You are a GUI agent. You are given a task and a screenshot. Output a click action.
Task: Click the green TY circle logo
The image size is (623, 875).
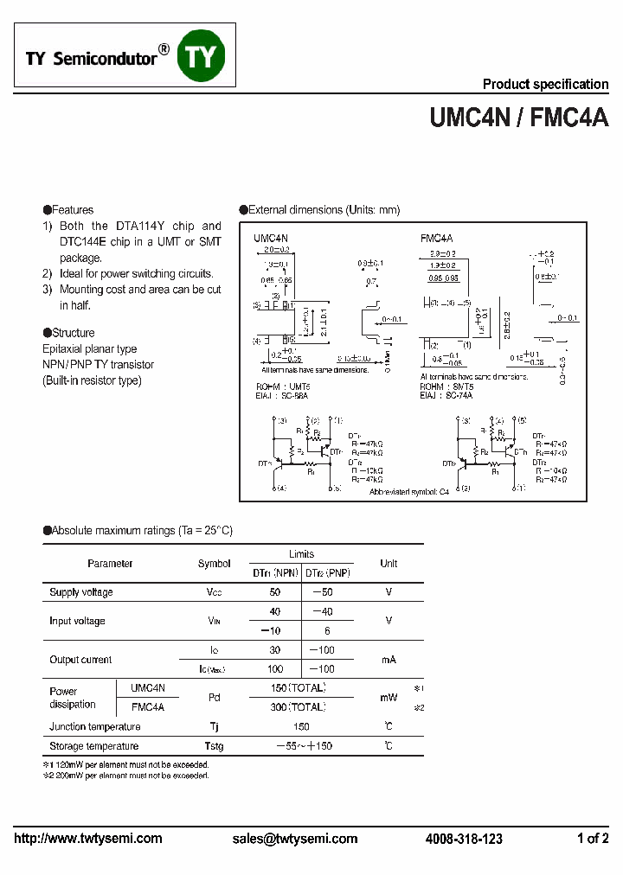201,57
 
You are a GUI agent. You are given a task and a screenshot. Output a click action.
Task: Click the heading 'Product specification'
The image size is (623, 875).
545,84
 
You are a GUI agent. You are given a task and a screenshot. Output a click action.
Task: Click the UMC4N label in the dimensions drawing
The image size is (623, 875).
271,237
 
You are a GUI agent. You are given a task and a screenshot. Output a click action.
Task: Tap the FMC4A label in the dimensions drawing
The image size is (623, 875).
437,237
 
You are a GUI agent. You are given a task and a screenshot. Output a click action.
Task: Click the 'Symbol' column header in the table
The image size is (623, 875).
214,564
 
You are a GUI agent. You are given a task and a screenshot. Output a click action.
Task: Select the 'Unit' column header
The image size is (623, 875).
389,564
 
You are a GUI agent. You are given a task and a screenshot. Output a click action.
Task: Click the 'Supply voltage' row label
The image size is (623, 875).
81,592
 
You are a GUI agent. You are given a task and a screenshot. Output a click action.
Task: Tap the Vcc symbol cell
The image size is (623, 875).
214,592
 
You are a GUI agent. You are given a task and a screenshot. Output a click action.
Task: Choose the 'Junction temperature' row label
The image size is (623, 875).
94,727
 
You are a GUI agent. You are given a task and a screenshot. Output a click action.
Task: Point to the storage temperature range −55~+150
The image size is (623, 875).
304,746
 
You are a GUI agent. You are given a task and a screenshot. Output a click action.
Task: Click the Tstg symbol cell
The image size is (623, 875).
214,746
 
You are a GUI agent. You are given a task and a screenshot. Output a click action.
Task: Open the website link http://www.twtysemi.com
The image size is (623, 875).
88,839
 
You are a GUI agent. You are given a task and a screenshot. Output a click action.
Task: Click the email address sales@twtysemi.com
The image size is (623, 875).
295,839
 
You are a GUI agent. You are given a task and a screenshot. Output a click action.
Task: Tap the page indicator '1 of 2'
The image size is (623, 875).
593,839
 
